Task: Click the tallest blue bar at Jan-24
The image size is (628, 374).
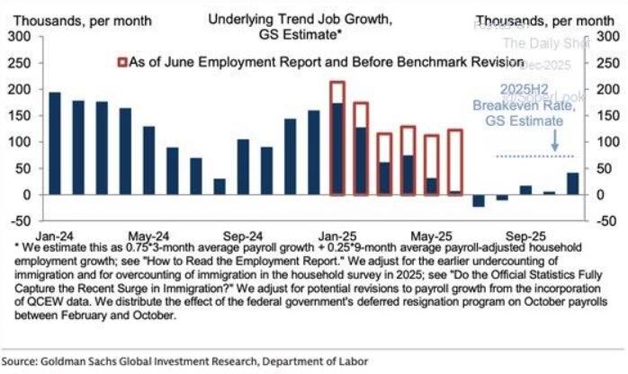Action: point(55,143)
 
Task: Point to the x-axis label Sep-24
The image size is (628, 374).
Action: point(243,230)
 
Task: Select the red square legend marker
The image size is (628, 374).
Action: point(122,61)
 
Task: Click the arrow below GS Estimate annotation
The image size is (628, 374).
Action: point(555,140)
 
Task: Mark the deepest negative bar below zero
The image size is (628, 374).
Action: point(479,200)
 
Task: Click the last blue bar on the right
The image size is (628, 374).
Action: point(572,183)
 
